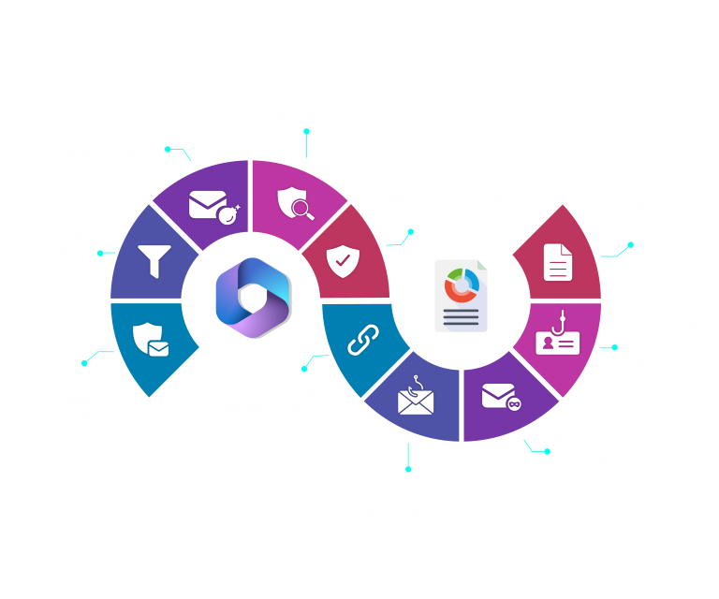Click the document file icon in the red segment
[558, 260]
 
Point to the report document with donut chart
[461, 296]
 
